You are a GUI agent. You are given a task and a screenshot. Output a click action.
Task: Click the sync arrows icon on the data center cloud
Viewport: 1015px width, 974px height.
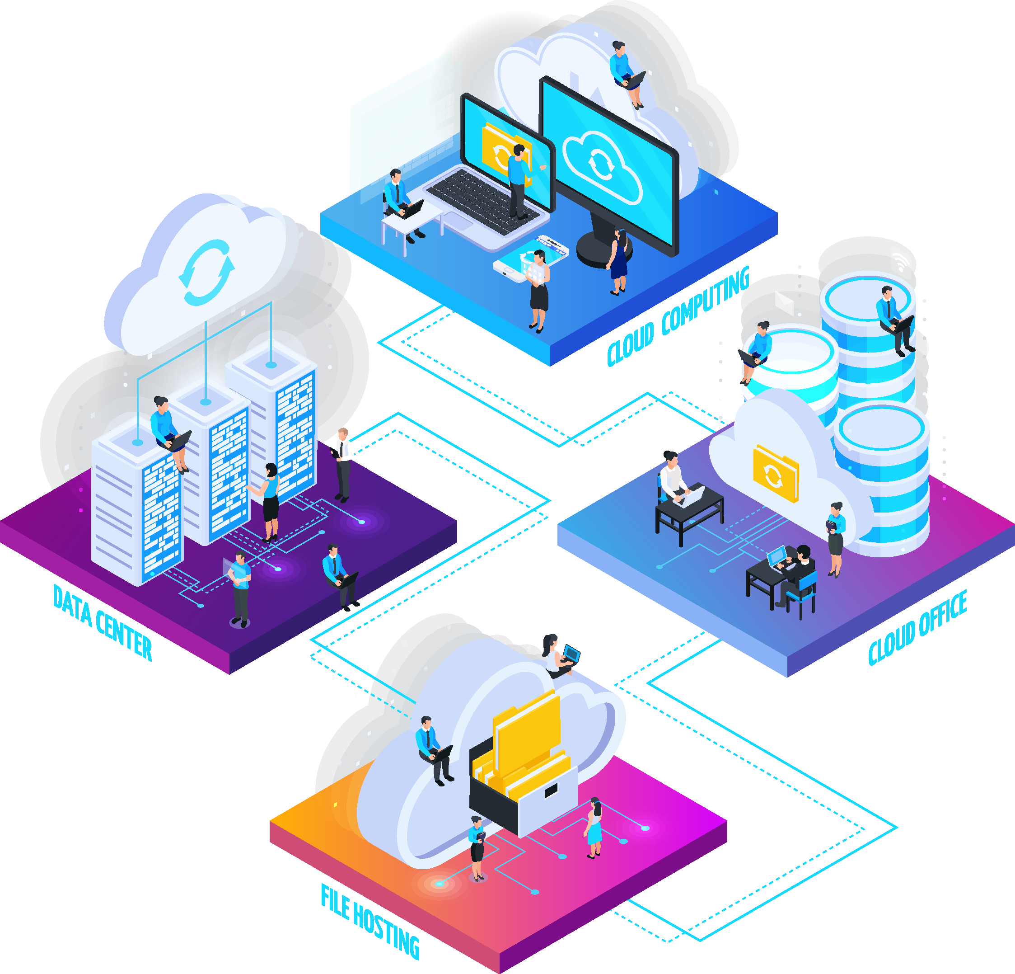pyautogui.click(x=206, y=272)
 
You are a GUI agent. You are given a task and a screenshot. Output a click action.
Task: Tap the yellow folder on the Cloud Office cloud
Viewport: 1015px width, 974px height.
pyautogui.click(x=776, y=473)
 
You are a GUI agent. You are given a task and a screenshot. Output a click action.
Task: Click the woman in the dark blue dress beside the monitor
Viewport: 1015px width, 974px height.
pyautogui.click(x=618, y=262)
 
